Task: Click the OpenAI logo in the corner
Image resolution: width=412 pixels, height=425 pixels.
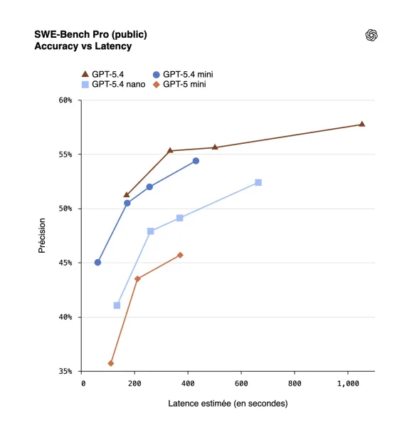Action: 371,35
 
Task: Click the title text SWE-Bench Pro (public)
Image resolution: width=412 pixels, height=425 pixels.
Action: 91,34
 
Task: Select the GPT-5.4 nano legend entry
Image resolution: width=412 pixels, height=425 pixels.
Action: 114,84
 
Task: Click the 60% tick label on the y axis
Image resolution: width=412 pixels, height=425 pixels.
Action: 65,100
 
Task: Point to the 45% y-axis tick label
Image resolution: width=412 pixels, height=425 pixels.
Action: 65,263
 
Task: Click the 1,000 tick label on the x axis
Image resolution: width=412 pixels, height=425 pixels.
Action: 348,383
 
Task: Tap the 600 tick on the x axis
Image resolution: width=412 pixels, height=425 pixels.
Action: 241,383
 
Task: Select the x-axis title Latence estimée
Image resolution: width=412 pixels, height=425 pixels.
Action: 228,404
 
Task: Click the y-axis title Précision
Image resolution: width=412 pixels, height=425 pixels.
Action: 42,236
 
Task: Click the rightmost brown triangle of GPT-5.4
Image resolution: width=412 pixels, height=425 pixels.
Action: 361,124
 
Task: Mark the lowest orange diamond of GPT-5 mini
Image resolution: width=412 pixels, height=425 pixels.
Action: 111,363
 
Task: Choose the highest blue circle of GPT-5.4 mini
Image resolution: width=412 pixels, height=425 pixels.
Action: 196,161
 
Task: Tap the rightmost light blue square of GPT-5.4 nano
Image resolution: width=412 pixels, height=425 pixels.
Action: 258,182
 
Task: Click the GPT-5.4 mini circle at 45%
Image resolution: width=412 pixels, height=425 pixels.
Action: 97,262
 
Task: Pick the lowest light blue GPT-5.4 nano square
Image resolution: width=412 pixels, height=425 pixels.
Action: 117,305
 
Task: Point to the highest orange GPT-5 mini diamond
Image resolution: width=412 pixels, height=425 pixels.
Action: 180,255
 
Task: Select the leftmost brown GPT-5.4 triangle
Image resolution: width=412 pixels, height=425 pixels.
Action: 127,194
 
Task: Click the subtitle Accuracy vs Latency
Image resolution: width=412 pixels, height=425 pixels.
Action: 83,46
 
